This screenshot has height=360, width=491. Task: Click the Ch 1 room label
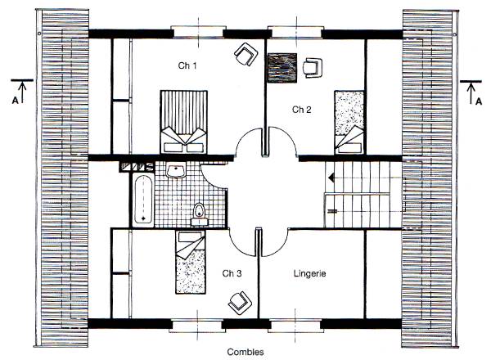[187, 65]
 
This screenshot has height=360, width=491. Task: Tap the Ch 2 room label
[301, 110]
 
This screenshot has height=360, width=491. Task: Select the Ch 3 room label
[232, 273]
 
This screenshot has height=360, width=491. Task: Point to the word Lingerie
[309, 273]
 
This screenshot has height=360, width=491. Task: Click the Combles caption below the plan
[245, 352]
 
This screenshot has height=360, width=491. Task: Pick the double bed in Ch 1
[184, 122]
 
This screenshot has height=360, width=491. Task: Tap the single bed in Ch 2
[349, 122]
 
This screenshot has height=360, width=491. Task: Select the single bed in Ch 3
[191, 262]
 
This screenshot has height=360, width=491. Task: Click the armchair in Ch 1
[246, 54]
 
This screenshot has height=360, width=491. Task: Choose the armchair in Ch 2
[313, 68]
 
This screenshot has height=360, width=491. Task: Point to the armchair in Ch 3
[240, 303]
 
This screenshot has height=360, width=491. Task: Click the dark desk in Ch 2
[282, 68]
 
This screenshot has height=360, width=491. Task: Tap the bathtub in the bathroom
[143, 200]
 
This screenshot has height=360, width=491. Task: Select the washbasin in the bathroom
[176, 171]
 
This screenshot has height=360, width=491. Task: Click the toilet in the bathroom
[199, 214]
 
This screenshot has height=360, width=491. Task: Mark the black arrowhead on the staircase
[331, 178]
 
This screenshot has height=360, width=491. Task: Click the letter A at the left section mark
[15, 101]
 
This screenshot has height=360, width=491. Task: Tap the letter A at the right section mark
[479, 101]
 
